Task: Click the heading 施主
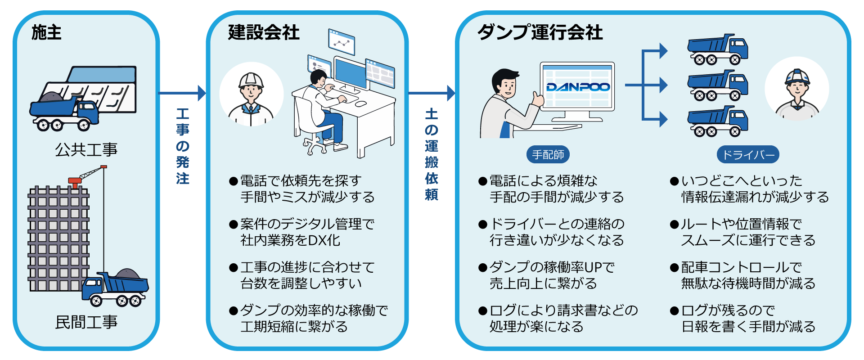(46, 32)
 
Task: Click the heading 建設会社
(264, 32)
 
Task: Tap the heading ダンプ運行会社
(540, 32)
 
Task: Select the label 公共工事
(86, 150)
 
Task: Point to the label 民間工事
(86, 322)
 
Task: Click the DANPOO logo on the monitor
(578, 87)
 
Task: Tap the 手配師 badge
(548, 155)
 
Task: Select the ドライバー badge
(747, 155)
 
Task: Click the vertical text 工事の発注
(182, 146)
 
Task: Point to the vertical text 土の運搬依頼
(431, 154)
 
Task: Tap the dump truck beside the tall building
(116, 288)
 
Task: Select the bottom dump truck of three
(717, 121)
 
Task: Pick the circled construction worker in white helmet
(251, 94)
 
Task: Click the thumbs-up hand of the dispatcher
(536, 98)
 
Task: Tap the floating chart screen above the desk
(342, 42)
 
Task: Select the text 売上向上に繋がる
(543, 283)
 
